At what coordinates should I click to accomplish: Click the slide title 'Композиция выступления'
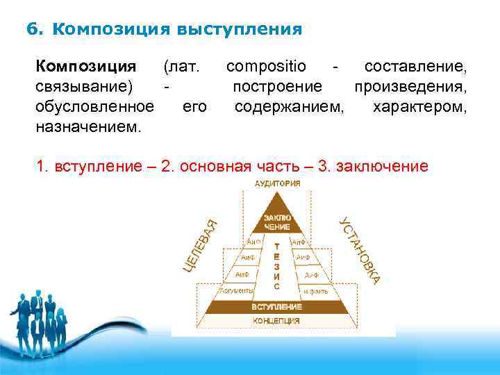click(x=177, y=30)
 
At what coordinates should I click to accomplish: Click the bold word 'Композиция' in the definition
click(x=86, y=67)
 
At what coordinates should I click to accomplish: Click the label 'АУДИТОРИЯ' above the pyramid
click(x=278, y=184)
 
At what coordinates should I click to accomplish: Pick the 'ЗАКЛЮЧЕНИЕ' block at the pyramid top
click(x=277, y=222)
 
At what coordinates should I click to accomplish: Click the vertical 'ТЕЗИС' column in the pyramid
click(x=277, y=265)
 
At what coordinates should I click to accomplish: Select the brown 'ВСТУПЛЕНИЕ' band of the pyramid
click(x=276, y=306)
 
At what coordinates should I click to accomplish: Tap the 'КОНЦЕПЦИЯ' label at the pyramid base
click(x=276, y=321)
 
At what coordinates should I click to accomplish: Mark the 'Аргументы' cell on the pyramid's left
click(x=237, y=292)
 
